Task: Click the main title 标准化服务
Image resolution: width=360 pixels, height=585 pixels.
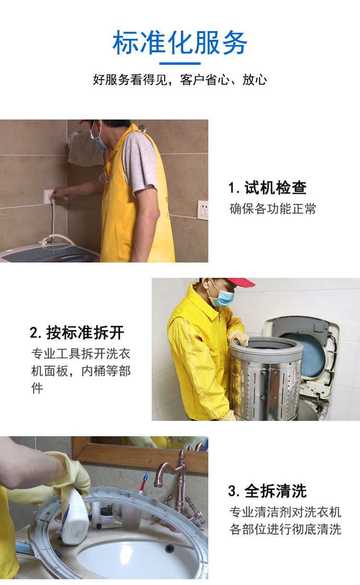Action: pyautogui.click(x=180, y=42)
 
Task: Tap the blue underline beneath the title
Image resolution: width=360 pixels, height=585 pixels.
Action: pyautogui.click(x=180, y=63)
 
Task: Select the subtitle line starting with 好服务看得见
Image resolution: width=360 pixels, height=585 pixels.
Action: pyautogui.click(x=180, y=80)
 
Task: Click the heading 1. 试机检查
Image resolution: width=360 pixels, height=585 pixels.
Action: pyautogui.click(x=267, y=188)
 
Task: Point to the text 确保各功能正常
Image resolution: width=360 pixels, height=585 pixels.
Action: pyautogui.click(x=273, y=209)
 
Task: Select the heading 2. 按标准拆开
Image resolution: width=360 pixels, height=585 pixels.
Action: pyautogui.click(x=77, y=333)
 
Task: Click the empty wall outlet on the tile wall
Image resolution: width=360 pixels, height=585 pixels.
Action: pyautogui.click(x=203, y=210)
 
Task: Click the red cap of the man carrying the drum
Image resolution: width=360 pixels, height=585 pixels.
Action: pyautogui.click(x=239, y=282)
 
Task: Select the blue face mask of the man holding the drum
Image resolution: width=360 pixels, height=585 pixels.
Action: pyautogui.click(x=222, y=298)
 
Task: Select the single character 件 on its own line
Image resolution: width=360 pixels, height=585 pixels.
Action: pyautogui.click(x=37, y=388)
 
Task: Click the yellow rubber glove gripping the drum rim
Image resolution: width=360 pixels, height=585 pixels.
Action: pyautogui.click(x=239, y=339)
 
